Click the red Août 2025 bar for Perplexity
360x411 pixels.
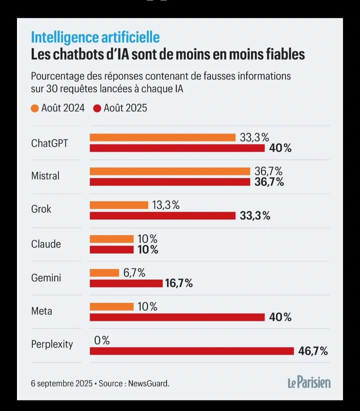pyautogui.click(x=192, y=351)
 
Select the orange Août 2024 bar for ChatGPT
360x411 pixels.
pyautogui.click(x=163, y=137)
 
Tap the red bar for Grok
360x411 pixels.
pyautogui.click(x=163, y=216)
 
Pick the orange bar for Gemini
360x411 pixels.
pyautogui.click(x=104, y=273)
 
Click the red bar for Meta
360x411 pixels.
pyautogui.click(x=177, y=317)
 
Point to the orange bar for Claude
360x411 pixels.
pyautogui.click(x=112, y=239)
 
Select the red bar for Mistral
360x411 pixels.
pyautogui.click(x=170, y=182)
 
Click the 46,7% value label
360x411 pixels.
pyautogui.click(x=313, y=351)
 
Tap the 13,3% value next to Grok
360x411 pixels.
pyautogui.click(x=166, y=205)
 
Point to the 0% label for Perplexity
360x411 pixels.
pyautogui.click(x=102, y=340)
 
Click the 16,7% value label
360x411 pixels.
pyautogui.click(x=179, y=283)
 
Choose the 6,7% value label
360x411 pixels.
pyautogui.click(x=134, y=273)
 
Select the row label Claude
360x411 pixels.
pyautogui.click(x=46, y=244)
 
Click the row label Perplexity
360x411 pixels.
pyautogui.click(x=52, y=344)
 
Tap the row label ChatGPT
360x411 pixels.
pyautogui.click(x=49, y=143)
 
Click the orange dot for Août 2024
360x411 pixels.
pyautogui.click(x=35, y=108)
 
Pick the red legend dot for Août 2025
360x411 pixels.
pyautogui.click(x=97, y=108)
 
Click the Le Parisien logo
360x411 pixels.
pyautogui.click(x=309, y=383)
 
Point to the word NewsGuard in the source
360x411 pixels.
pyautogui.click(x=149, y=383)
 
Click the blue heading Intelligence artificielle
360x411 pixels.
pyautogui.click(x=95, y=37)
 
